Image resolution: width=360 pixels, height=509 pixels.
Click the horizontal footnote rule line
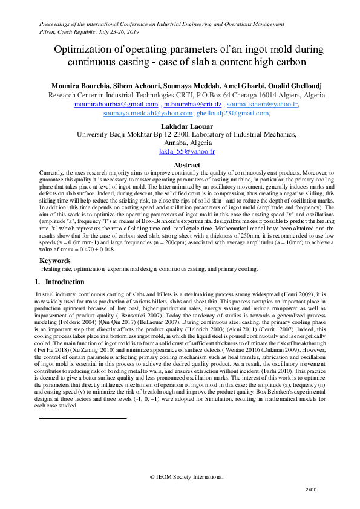coord(82,401)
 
